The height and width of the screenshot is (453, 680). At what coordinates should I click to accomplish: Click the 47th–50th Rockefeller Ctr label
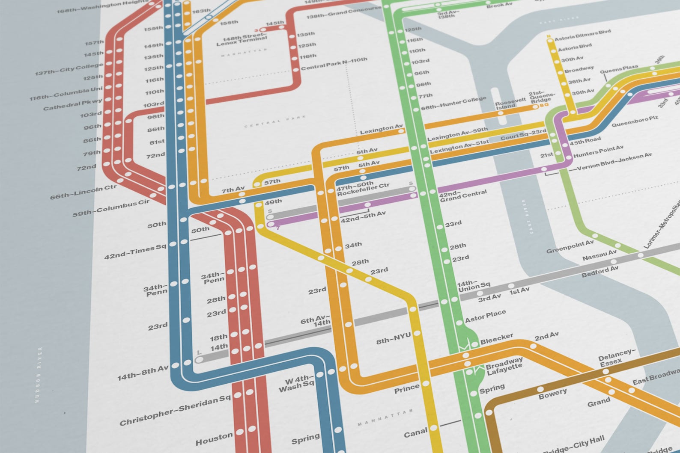coord(363,189)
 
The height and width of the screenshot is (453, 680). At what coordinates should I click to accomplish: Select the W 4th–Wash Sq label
coord(296,383)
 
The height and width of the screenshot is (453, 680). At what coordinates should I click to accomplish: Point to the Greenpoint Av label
coord(570,246)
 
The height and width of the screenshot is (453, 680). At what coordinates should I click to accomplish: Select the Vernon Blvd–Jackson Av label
coord(614,161)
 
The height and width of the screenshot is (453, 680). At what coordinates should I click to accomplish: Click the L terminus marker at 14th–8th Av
coord(199,359)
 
